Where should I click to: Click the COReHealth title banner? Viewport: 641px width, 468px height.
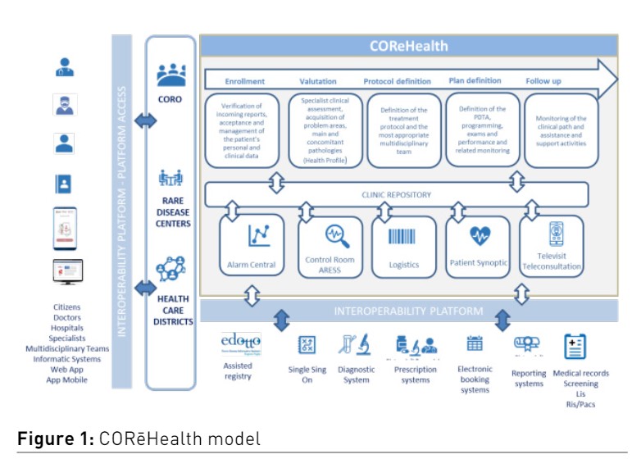click(408, 46)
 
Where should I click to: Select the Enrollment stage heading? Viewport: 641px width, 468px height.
click(244, 81)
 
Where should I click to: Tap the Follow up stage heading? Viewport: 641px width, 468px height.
click(542, 81)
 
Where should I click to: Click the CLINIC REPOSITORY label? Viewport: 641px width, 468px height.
click(395, 195)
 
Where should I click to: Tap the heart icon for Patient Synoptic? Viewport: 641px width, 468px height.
click(480, 236)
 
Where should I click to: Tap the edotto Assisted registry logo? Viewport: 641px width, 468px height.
click(242, 343)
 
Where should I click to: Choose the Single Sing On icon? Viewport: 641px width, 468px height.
click(306, 345)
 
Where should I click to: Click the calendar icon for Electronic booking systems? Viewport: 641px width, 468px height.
click(475, 343)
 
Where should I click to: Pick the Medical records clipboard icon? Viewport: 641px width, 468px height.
click(575, 347)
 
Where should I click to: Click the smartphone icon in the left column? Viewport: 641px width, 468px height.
click(65, 228)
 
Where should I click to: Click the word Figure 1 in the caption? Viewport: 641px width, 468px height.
click(51, 439)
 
